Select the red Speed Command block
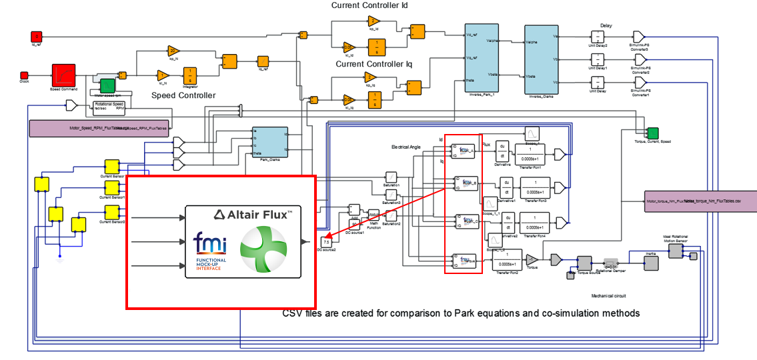pos(63,74)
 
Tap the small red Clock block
pos(24,75)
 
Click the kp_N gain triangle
pos(172,51)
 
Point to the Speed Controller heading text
pos(183,95)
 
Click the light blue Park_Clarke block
pos(269,141)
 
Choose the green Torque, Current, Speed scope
pos(653,133)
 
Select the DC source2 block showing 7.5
pos(326,241)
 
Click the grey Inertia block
pos(652,263)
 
